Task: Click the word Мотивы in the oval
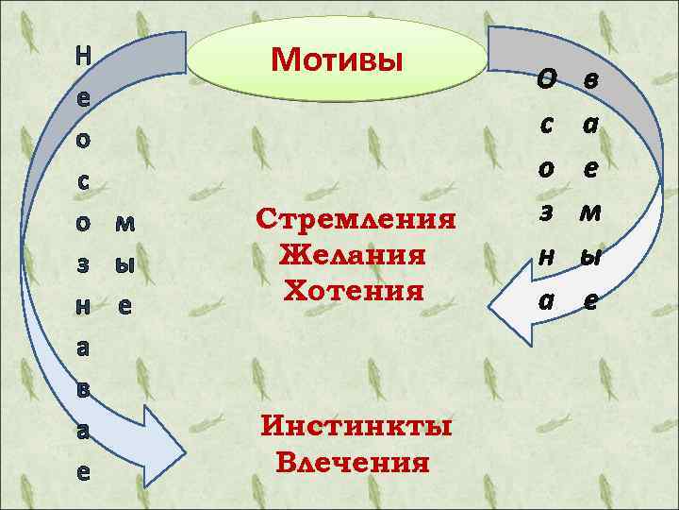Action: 337,59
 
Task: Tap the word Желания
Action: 354,255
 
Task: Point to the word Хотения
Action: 354,289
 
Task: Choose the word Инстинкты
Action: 356,427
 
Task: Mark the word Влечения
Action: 354,463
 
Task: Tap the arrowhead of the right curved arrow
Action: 509,310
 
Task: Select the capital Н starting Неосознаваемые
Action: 83,55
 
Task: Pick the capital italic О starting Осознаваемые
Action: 546,79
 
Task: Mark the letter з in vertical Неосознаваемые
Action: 83,264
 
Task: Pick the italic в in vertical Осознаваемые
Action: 589,79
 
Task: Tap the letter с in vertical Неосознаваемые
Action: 83,180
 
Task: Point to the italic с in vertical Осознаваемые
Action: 546,124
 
